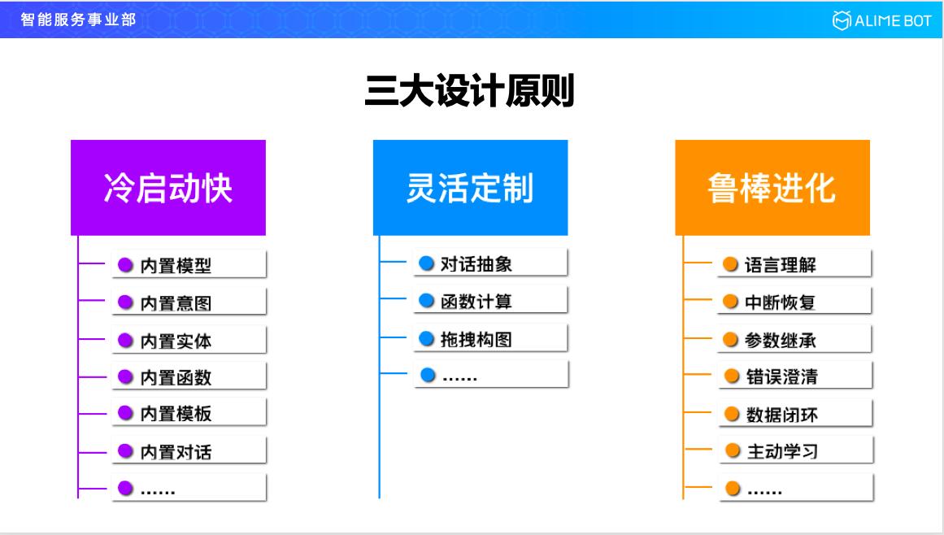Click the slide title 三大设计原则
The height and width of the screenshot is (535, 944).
coord(470,92)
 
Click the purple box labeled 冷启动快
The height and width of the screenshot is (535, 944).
coord(168,188)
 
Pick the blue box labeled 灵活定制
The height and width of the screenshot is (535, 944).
coord(470,188)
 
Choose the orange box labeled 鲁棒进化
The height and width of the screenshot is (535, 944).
coord(772,188)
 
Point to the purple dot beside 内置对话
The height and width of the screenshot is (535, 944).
coord(125,450)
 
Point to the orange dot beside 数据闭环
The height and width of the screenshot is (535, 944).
coord(731,415)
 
